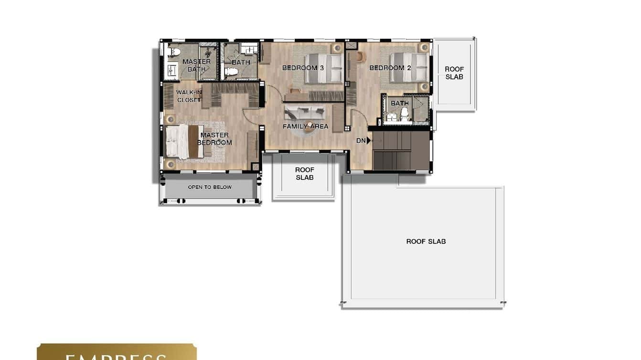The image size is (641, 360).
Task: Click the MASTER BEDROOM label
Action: click(214, 139)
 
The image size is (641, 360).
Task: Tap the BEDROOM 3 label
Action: click(303, 68)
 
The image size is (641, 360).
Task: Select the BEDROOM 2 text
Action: click(390, 68)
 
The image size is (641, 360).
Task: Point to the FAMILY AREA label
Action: click(305, 127)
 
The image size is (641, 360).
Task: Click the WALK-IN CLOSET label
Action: click(189, 96)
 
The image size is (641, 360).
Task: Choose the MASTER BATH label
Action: click(196, 65)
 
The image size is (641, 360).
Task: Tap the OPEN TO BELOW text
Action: click(210, 187)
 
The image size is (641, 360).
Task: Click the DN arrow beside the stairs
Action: click(368, 140)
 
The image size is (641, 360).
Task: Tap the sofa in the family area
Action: click(304, 113)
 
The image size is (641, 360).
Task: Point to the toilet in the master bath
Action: click(173, 52)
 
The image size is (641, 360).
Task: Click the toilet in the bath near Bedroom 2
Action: click(405, 113)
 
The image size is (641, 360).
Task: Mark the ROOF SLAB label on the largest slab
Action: click(426, 242)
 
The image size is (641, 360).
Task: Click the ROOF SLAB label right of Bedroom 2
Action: click(454, 73)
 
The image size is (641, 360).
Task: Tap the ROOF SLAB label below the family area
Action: click(304, 173)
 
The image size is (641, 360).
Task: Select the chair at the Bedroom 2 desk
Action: click(359, 56)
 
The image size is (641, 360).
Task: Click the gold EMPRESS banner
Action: click(117, 352)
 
